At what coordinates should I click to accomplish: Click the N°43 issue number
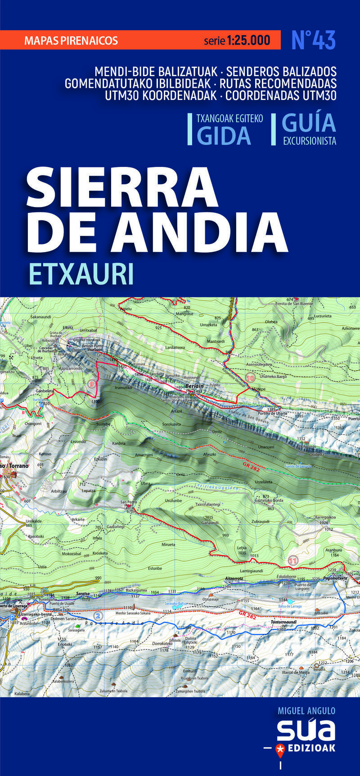pyautogui.click(x=313, y=41)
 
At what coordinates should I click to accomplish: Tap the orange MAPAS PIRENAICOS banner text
pyautogui.click(x=71, y=41)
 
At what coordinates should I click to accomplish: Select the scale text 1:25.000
pyautogui.click(x=248, y=41)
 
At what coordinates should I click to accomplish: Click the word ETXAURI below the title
pyautogui.click(x=81, y=274)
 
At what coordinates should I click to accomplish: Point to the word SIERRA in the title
pyautogui.click(x=122, y=187)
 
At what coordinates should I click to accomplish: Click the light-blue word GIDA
pyautogui.click(x=224, y=135)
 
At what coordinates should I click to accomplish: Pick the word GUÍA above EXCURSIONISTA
pyautogui.click(x=309, y=122)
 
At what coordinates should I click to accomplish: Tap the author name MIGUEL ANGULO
pyautogui.click(x=306, y=711)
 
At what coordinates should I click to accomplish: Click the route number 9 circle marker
pyautogui.click(x=92, y=384)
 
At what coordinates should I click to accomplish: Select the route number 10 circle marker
pyautogui.click(x=250, y=378)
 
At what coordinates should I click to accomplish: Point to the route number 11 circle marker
pyautogui.click(x=293, y=560)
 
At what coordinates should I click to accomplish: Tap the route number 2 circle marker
pyautogui.click(x=98, y=615)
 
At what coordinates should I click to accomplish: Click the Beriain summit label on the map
pyautogui.click(x=195, y=386)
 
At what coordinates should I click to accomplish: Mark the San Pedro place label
pyautogui.click(x=128, y=502)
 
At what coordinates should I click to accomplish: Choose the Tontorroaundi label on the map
pyautogui.click(x=283, y=622)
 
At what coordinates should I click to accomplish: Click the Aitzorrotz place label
pyautogui.click(x=234, y=578)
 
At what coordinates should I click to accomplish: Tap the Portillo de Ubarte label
pyautogui.click(x=272, y=413)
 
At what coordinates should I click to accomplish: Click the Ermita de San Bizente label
pyautogui.click(x=294, y=304)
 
